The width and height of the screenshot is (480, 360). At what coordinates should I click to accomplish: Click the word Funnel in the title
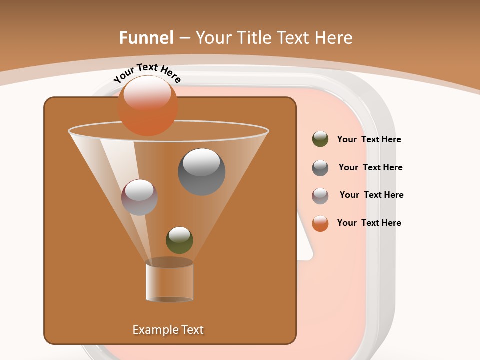(146, 38)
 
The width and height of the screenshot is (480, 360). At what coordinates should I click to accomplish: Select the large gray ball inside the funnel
(201, 172)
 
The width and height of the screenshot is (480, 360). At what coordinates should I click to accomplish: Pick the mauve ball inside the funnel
(139, 197)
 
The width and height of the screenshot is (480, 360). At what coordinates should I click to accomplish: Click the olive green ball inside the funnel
(179, 240)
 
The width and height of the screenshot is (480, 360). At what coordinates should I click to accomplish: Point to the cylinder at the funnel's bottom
(169, 282)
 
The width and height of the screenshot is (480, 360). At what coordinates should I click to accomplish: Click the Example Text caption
(168, 330)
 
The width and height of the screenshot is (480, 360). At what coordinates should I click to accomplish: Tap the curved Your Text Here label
(147, 73)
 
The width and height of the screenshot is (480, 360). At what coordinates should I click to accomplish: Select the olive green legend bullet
(320, 139)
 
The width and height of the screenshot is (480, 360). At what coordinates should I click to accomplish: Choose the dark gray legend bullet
(320, 168)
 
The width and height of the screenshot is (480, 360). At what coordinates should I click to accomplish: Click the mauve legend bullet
(320, 196)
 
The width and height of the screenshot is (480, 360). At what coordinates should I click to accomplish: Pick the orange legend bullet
(320, 223)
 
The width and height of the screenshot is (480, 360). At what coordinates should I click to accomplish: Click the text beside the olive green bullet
(369, 140)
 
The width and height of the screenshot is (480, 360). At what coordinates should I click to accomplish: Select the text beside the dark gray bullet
(370, 168)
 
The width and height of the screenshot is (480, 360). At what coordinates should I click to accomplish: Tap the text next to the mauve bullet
(371, 195)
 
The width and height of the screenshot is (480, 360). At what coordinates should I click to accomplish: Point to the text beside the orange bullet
(369, 223)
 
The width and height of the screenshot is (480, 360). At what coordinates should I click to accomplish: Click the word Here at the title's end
(333, 38)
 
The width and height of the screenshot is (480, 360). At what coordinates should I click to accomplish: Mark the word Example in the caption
(154, 330)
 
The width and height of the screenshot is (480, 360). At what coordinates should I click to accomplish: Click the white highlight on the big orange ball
(147, 93)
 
